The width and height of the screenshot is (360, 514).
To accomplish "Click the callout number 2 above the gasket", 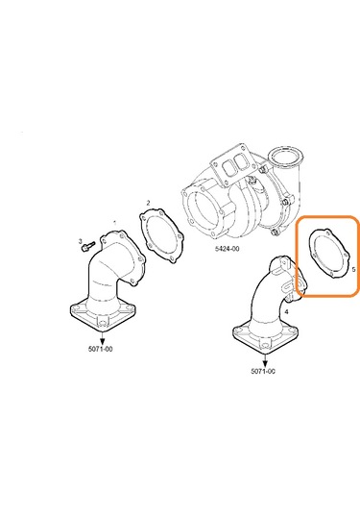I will (x=149, y=203).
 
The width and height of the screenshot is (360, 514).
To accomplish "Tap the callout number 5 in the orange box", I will (x=353, y=271).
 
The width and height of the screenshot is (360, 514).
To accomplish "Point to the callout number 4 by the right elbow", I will (x=285, y=312).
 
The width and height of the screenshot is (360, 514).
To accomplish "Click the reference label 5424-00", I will (x=227, y=249).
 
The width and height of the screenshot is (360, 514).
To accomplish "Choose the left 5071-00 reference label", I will (x=94, y=349).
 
